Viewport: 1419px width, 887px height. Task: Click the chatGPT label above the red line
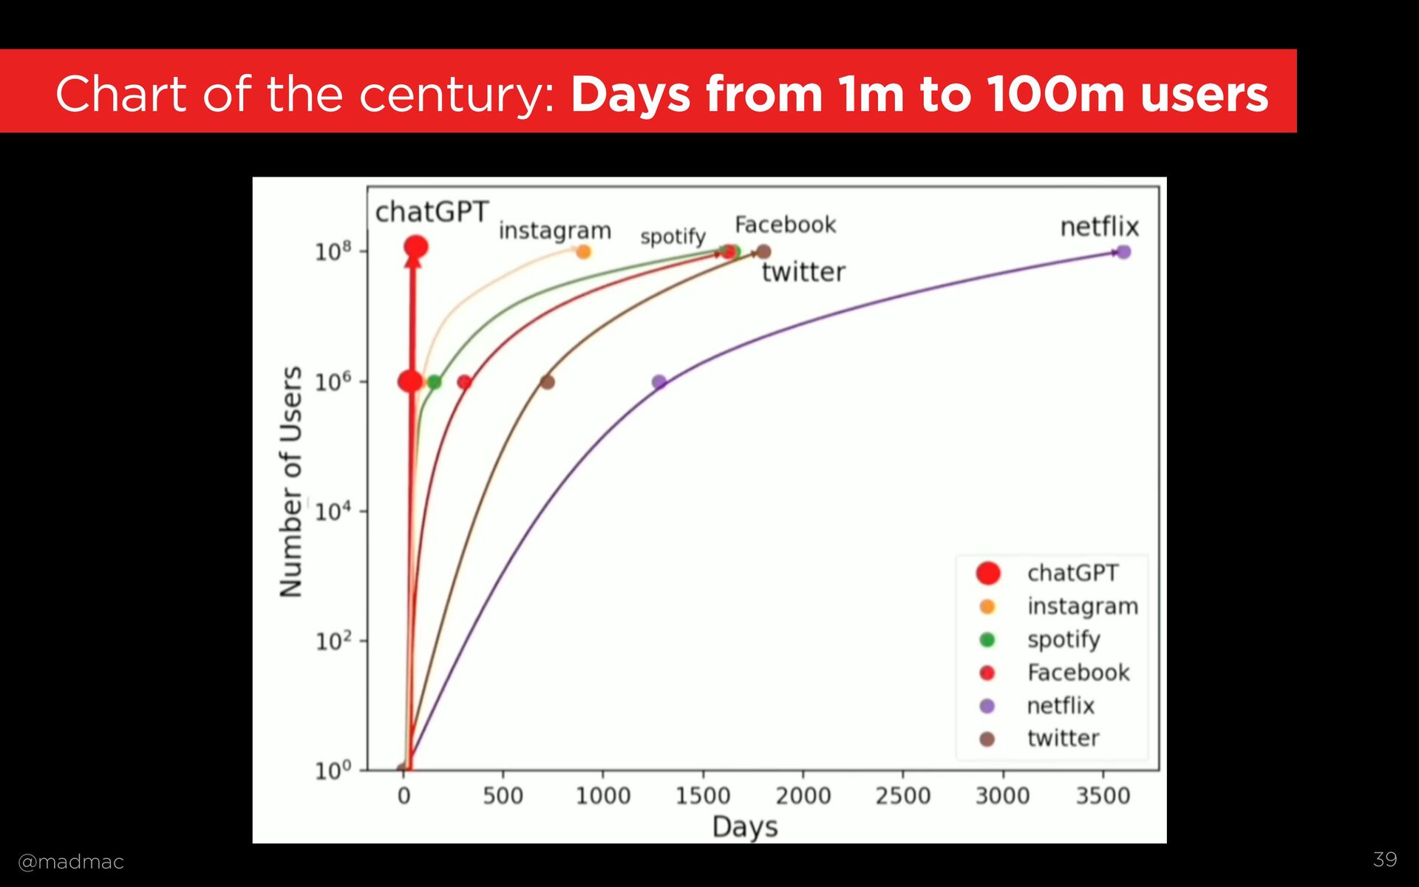coord(432,212)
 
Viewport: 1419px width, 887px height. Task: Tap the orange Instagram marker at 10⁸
coord(584,252)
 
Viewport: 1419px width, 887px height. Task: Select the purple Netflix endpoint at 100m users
coord(1123,252)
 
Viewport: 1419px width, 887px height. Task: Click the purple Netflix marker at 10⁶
coord(659,382)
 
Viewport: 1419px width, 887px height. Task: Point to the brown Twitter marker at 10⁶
coord(547,382)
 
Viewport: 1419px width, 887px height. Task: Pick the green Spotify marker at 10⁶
coord(435,382)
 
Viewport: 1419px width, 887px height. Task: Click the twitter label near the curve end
coord(803,272)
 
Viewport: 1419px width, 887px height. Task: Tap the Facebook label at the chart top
coord(785,225)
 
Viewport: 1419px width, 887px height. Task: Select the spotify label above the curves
coord(673,237)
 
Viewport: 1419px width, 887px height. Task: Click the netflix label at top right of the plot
coord(1099,227)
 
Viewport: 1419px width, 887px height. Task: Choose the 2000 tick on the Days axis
coord(803,796)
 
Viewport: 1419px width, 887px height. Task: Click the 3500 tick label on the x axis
coord(1103,796)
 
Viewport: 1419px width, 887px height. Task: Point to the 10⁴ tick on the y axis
coord(332,512)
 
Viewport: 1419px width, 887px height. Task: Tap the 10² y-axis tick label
coord(332,641)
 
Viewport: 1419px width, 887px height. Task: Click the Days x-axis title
coord(745,826)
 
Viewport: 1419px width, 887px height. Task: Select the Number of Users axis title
coord(291,481)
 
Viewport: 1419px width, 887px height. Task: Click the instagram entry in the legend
coord(1082,606)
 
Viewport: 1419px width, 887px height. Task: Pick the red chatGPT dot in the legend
coord(988,573)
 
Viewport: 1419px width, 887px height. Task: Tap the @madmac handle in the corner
coord(71,862)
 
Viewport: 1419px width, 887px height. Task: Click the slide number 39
coord(1385,859)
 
